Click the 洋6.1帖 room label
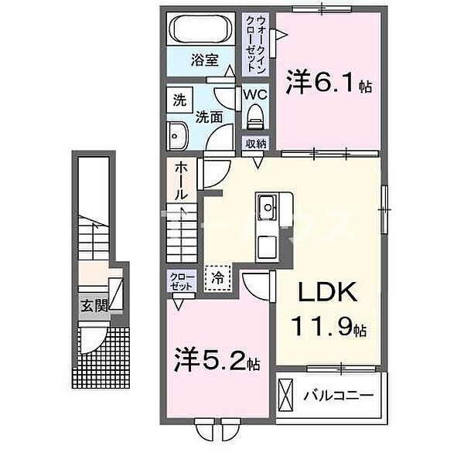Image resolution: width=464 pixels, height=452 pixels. click(x=329, y=82)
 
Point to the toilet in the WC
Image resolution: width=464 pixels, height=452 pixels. click(x=255, y=117)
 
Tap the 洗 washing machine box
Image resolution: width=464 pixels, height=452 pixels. click(x=179, y=100)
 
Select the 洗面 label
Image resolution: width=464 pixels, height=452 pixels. click(x=209, y=117)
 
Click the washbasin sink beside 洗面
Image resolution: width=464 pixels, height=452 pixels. click(x=177, y=136)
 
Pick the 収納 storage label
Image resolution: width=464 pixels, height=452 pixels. click(x=257, y=144)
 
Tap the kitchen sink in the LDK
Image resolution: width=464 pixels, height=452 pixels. click(x=267, y=206)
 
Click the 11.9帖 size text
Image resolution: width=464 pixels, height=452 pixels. click(x=328, y=326)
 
